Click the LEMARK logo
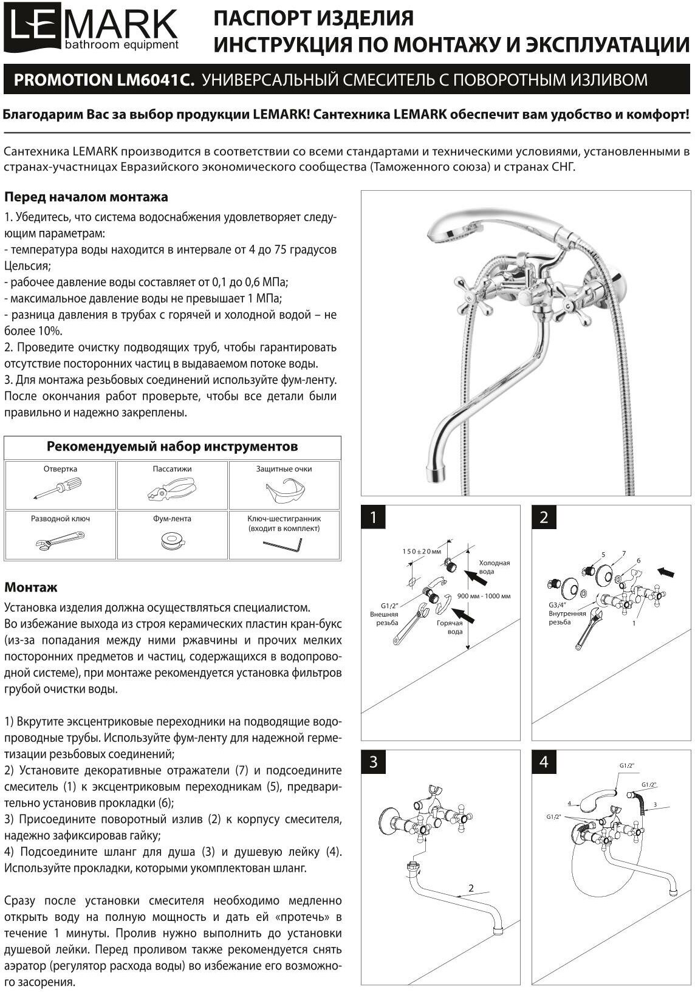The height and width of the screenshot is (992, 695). click(x=91, y=30)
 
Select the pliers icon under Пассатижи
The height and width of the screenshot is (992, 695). click(x=172, y=488)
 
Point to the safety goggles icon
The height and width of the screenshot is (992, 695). click(x=284, y=488)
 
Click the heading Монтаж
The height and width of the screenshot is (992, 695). click(x=31, y=587)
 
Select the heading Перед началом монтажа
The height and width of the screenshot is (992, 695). click(x=86, y=197)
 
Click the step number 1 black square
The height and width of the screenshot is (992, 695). click(x=374, y=518)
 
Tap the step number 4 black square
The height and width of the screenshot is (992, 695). click(x=544, y=762)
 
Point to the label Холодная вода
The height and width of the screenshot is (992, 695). click(x=495, y=567)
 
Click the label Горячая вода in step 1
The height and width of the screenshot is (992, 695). click(x=450, y=627)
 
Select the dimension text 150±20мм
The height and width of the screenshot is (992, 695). click(x=422, y=551)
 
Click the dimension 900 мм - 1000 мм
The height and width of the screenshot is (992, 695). click(x=484, y=596)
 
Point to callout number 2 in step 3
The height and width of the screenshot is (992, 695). click(x=471, y=888)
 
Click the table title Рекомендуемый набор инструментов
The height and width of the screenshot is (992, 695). click(x=173, y=447)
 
